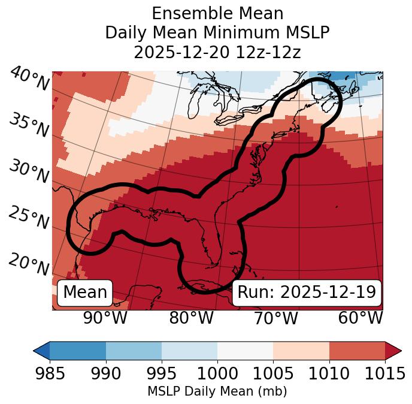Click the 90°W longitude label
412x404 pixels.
(105, 318)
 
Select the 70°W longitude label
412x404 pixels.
(275, 318)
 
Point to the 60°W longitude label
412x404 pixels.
(360, 318)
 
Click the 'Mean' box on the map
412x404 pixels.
(85, 293)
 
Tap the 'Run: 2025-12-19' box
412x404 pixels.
(307, 293)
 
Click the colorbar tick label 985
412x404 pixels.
(50, 373)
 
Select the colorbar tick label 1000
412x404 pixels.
(217, 373)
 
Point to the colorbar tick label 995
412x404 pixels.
(162, 373)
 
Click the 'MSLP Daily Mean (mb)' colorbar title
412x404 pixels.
(217, 392)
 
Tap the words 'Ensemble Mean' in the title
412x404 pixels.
(217, 13)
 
